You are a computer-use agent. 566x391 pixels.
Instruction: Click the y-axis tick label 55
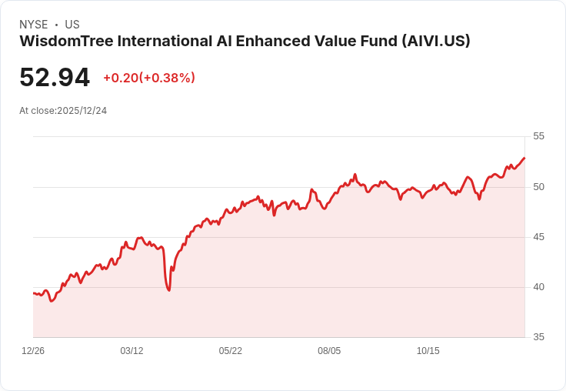538,136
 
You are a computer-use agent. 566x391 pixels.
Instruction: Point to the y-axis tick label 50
538,186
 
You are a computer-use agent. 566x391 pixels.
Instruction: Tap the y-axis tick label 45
538,236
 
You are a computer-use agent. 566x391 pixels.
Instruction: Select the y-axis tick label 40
538,286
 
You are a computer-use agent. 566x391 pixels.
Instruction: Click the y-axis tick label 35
538,336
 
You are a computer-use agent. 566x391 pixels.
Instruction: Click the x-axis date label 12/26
33,350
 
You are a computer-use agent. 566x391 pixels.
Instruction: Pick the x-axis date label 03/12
132,350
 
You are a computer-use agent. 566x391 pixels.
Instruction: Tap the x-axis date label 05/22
230,350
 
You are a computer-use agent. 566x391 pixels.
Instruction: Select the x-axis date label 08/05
329,350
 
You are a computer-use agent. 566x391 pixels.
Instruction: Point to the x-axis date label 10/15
428,350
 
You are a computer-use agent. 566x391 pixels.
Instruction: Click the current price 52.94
55,78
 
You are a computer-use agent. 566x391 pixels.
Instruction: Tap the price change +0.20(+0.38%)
149,78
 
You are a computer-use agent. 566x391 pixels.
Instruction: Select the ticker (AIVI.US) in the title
435,42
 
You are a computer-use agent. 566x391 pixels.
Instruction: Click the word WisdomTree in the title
64,42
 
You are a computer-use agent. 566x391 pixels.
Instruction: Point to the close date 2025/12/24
82,110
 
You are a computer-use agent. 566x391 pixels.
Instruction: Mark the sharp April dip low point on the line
168,290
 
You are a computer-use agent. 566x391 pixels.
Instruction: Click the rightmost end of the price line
524,158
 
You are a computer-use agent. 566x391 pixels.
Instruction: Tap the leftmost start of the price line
33,293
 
